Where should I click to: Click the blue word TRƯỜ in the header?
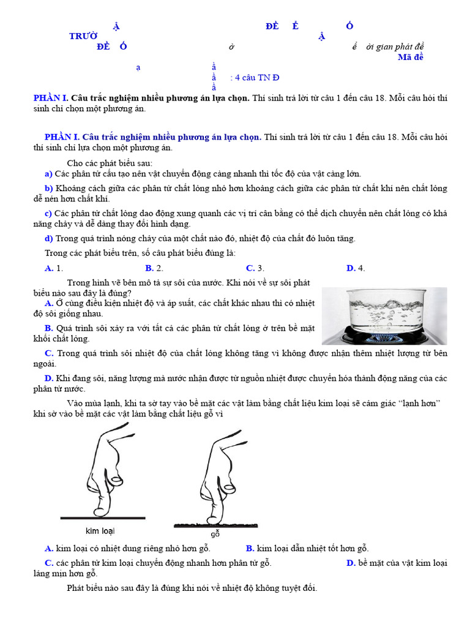coord(83,36)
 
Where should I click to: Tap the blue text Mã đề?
coord(410,58)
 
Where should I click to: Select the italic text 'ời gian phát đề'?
coord(395,47)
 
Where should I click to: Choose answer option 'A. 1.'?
coord(54,268)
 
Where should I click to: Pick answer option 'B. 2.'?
coord(154,268)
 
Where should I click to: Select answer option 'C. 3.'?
coord(255,268)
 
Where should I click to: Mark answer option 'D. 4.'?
coord(356,268)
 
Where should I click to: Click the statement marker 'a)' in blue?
coord(48,173)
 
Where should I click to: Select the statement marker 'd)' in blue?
coord(48,238)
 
